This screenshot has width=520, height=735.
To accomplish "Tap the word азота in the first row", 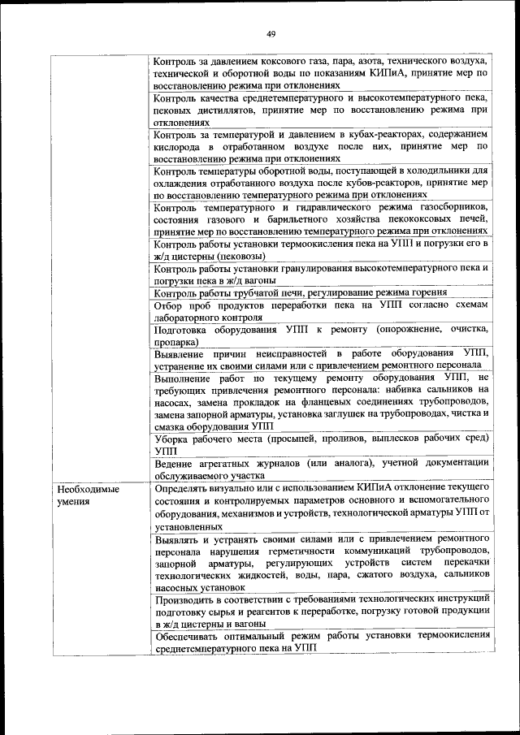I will (x=359, y=62).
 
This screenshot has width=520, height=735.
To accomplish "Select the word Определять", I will (x=188, y=487).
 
